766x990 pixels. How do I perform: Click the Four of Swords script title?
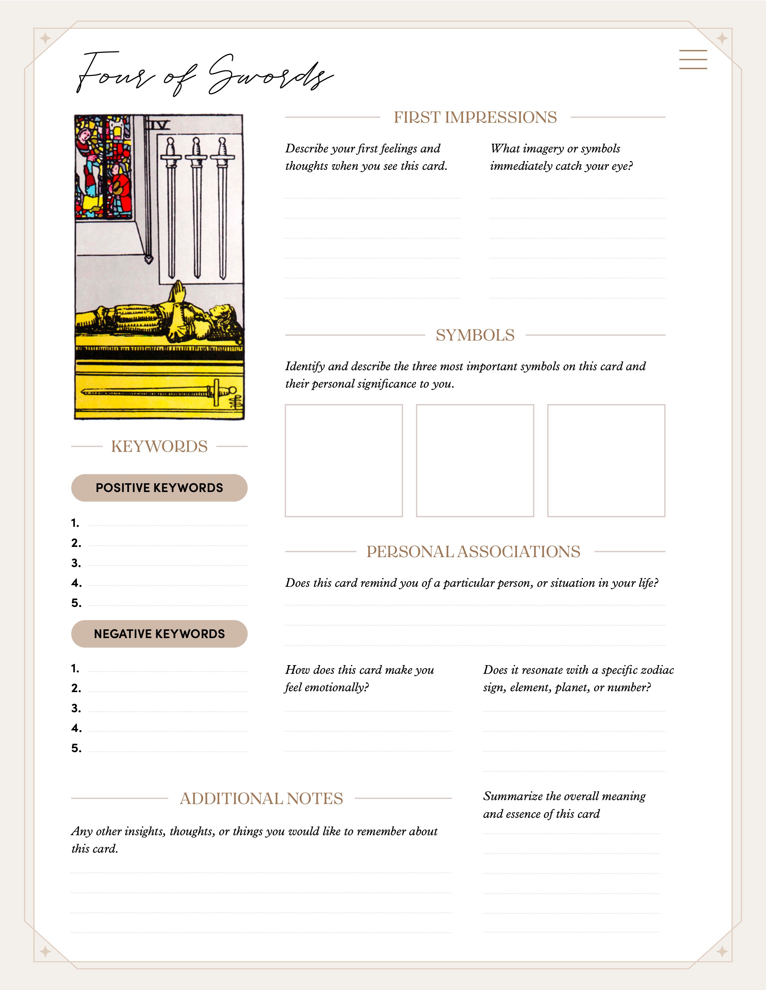(x=204, y=75)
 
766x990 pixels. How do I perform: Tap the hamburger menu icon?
(x=693, y=59)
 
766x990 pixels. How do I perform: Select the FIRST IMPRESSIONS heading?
(x=475, y=117)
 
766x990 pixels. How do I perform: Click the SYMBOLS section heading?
(x=475, y=335)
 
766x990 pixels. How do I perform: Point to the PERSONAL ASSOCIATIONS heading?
(x=473, y=552)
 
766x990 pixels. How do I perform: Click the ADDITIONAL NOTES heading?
(x=261, y=798)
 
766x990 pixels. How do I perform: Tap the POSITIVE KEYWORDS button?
(x=159, y=488)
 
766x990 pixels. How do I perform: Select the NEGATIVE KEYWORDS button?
(x=159, y=634)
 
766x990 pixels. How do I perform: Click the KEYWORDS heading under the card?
(x=159, y=446)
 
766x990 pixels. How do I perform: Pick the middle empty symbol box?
(x=475, y=460)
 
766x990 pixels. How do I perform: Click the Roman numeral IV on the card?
(x=162, y=124)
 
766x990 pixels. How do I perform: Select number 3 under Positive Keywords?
(x=76, y=563)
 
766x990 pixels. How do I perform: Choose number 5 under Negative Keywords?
(x=76, y=748)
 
